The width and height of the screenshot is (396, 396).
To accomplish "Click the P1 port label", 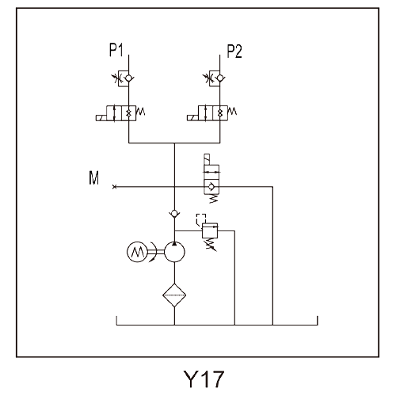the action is click(x=116, y=50).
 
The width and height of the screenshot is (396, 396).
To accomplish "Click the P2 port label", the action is click(x=234, y=51).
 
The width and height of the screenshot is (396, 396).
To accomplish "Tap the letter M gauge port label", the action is click(x=94, y=177).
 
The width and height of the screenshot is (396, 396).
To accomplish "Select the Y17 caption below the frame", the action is click(x=204, y=379).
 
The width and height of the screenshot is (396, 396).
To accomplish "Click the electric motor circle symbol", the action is click(x=137, y=252).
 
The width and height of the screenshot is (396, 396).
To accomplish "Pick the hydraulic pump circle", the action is click(x=174, y=252).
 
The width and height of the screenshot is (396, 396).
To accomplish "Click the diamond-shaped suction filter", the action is click(x=174, y=295).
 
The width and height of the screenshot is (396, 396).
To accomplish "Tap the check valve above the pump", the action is click(x=174, y=213).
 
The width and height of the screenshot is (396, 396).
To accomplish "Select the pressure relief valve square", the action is click(x=210, y=230).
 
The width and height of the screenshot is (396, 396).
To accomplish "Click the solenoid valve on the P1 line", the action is click(x=120, y=113).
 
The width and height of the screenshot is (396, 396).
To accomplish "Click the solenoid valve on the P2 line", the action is click(x=211, y=113).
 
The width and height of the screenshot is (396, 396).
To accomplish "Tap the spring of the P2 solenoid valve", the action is click(x=232, y=111).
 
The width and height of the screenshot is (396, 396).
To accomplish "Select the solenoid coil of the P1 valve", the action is click(x=101, y=118).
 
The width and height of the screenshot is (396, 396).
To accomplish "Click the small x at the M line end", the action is click(x=114, y=187).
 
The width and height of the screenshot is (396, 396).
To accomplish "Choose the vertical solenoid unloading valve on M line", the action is click(x=211, y=178).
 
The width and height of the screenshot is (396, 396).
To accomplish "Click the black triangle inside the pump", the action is click(x=174, y=243).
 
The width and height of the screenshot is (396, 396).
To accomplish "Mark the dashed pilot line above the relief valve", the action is click(x=200, y=219).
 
